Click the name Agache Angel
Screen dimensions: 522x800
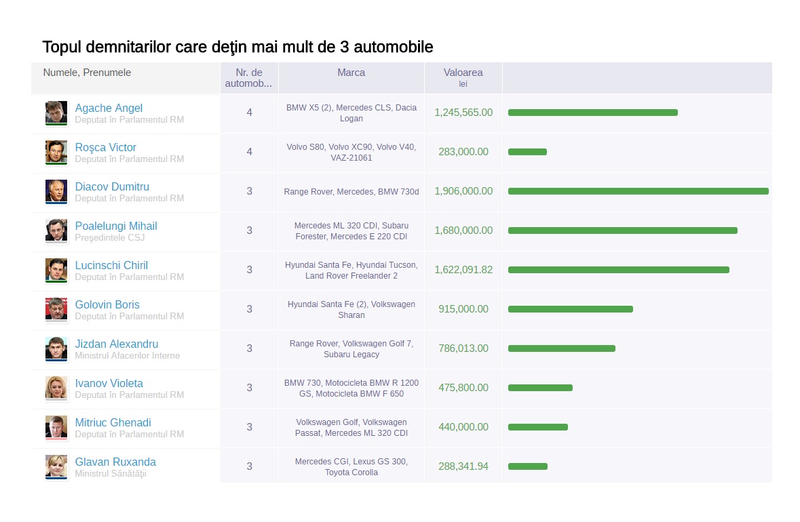click(x=109, y=108)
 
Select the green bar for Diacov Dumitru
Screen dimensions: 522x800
click(x=638, y=191)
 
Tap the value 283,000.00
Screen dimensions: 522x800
click(x=463, y=152)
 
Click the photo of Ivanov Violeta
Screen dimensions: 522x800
click(x=56, y=388)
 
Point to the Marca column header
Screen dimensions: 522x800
click(x=351, y=73)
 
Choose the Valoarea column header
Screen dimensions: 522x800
click(x=463, y=73)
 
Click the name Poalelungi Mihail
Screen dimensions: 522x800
click(x=116, y=226)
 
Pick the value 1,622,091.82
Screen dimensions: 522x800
click(x=463, y=270)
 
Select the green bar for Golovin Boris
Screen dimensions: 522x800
click(x=570, y=309)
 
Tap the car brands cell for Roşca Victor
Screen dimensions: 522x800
click(x=351, y=152)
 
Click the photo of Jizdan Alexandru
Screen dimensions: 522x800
click(x=56, y=348)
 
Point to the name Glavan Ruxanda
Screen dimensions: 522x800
click(x=115, y=462)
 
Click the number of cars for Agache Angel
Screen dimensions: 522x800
click(x=249, y=113)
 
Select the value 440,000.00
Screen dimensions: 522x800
click(x=463, y=427)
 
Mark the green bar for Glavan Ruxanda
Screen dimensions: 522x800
click(x=527, y=466)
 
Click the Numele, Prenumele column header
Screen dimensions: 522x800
click(x=87, y=73)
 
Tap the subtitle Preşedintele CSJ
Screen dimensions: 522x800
click(x=110, y=238)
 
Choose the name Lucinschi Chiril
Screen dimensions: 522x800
click(x=111, y=266)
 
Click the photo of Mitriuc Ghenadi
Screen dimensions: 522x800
click(x=56, y=427)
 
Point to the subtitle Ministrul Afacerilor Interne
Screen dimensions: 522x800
click(x=128, y=356)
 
